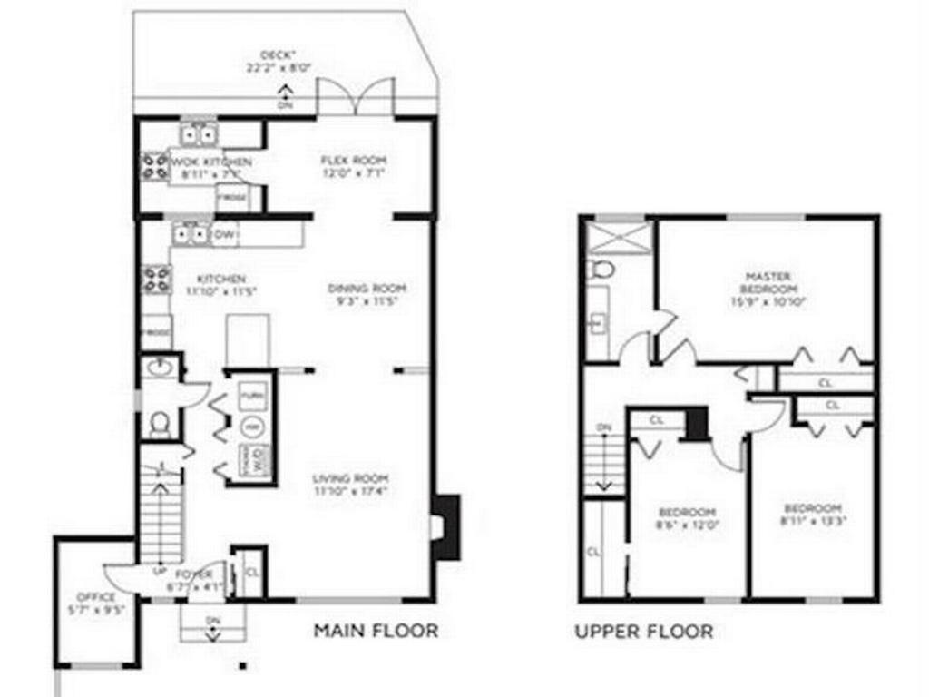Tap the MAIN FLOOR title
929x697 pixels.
point(375,629)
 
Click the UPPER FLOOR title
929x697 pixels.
point(643,630)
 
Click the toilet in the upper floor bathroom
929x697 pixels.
point(601,270)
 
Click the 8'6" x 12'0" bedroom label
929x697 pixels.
point(687,517)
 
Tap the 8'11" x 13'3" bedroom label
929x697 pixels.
point(812,515)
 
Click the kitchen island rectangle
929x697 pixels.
point(247,340)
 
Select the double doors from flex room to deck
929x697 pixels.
point(356,97)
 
